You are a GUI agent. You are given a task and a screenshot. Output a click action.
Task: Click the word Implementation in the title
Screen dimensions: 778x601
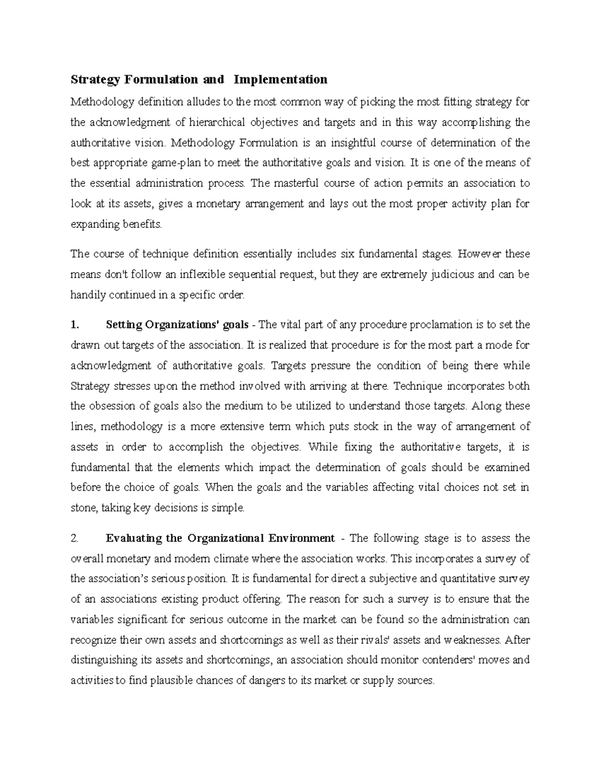click(x=280, y=79)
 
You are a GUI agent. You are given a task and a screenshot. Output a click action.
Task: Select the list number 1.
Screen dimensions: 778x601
click(x=75, y=325)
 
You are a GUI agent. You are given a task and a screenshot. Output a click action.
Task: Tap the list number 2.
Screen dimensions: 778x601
click(x=75, y=539)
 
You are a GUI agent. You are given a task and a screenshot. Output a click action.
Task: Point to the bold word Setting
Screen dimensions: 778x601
click(x=124, y=325)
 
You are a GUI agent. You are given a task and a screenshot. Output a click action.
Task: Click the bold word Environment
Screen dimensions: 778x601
click(x=302, y=539)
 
